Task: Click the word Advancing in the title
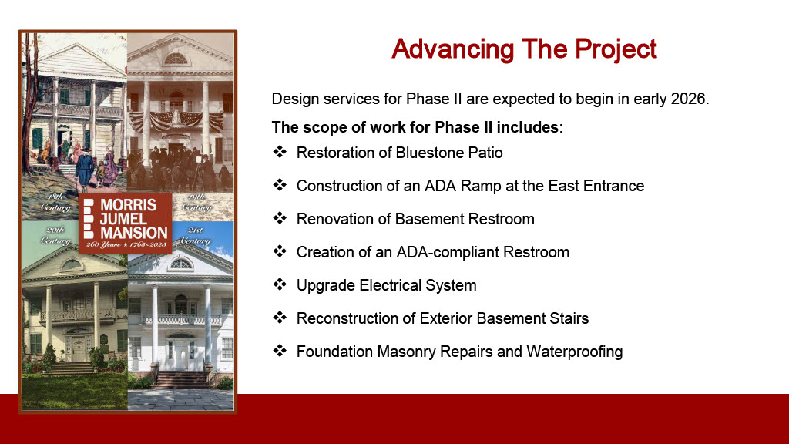point(452,49)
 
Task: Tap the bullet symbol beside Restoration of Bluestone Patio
point(280,152)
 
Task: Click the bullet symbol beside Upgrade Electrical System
point(280,284)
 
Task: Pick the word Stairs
point(569,318)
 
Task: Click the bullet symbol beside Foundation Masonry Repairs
point(280,351)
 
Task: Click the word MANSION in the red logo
point(134,233)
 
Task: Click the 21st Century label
point(195,236)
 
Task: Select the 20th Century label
point(55,235)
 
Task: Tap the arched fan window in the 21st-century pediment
point(180,264)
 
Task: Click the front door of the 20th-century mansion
point(79,349)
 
